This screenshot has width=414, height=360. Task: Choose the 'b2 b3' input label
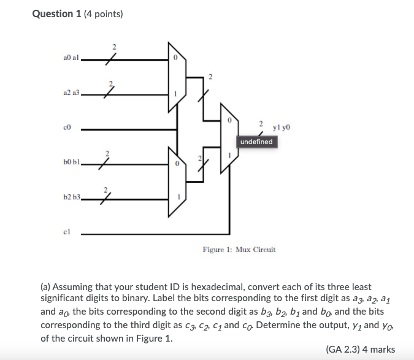pos(72,197)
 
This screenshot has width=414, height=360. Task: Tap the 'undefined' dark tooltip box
pos(256,142)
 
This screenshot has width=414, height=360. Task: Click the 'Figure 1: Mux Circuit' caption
pos(239,250)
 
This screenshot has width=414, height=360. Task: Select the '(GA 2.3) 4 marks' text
pos(361,350)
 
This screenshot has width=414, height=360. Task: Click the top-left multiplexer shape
pos(175,77)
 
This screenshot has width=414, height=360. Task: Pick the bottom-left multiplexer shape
pos(175,182)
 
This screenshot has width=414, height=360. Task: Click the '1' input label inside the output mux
pos(229,155)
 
